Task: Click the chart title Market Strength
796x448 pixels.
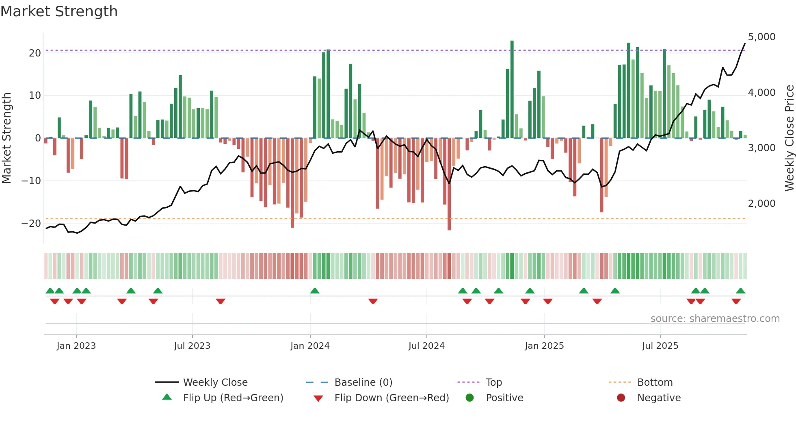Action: point(59,11)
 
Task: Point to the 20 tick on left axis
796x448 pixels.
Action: point(35,53)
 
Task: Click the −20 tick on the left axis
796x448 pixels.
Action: point(31,223)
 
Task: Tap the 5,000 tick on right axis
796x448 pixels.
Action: point(761,37)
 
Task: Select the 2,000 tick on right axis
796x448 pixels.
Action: point(761,204)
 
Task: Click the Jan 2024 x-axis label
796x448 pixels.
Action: point(310,346)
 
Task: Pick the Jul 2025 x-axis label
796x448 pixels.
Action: point(660,346)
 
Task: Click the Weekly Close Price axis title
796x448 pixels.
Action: point(789,138)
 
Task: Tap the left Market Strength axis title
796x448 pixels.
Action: point(6,138)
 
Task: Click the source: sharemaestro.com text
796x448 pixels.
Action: point(715,319)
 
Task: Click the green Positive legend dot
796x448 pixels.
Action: point(470,398)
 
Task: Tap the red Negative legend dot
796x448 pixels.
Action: point(621,398)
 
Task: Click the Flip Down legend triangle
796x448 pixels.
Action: point(318,398)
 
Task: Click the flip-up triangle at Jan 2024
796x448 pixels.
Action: point(315,291)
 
